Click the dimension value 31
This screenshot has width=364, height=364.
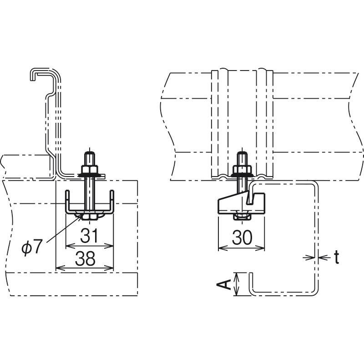point(89,235)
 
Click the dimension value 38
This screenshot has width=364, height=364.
point(85,258)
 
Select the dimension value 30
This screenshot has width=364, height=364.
point(242,237)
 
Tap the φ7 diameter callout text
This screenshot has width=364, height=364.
point(32,247)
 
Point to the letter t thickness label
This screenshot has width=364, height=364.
point(336,257)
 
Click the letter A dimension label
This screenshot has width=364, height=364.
point(224,284)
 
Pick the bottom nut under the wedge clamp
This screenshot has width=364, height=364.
point(242,217)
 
